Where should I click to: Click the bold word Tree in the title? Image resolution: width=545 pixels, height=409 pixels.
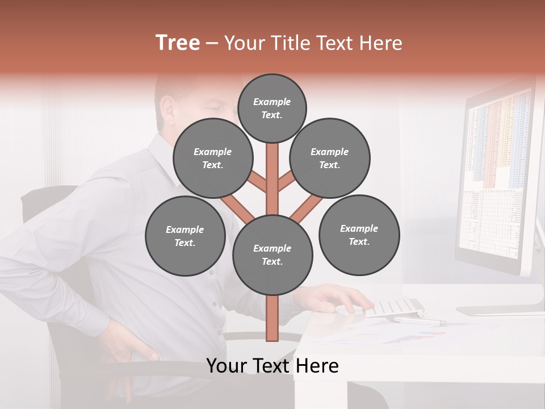point(178,43)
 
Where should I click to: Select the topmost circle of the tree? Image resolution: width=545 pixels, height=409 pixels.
point(272,108)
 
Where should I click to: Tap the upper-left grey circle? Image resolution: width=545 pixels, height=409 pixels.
point(213,158)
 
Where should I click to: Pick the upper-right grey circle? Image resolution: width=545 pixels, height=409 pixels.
point(330,158)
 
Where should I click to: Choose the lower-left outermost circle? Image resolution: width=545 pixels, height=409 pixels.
point(185,236)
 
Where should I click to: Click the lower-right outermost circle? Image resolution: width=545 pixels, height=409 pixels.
point(359,235)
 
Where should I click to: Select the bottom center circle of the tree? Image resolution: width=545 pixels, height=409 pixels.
point(272,254)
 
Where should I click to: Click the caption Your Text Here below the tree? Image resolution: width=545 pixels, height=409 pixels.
point(272,366)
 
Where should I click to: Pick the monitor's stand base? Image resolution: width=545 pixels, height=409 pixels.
point(500,310)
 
